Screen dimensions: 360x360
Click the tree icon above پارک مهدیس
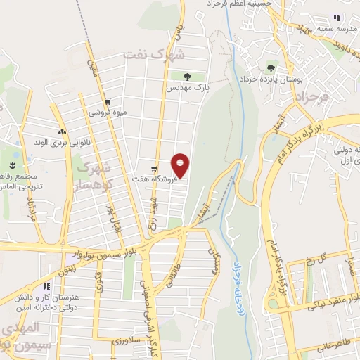[x=186, y=77]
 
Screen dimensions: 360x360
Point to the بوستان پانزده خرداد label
[x=271, y=80]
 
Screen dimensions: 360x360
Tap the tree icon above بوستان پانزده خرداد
[x=271, y=68]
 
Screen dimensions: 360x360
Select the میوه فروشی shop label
[x=105, y=112]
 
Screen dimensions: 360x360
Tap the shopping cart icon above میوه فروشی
[x=106, y=101]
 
